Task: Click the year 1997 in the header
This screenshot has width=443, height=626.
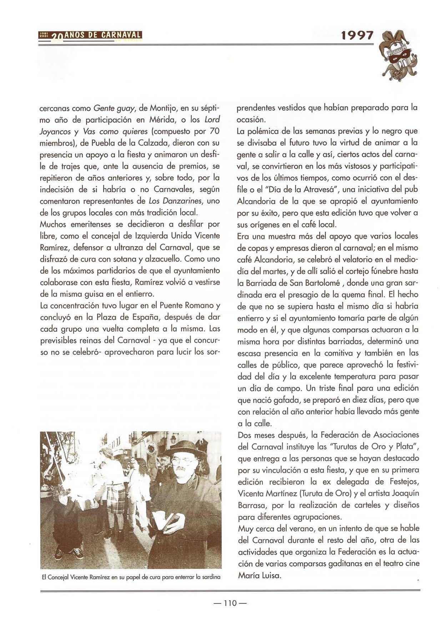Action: pos(357,36)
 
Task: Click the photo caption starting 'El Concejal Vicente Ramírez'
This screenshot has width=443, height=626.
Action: pos(131,577)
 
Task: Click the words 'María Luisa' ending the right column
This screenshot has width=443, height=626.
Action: pos(260,575)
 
